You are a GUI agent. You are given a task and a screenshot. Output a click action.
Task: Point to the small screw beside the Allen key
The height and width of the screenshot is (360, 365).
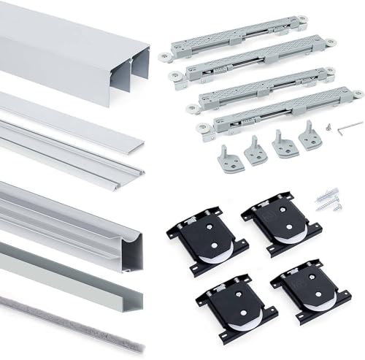329,126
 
